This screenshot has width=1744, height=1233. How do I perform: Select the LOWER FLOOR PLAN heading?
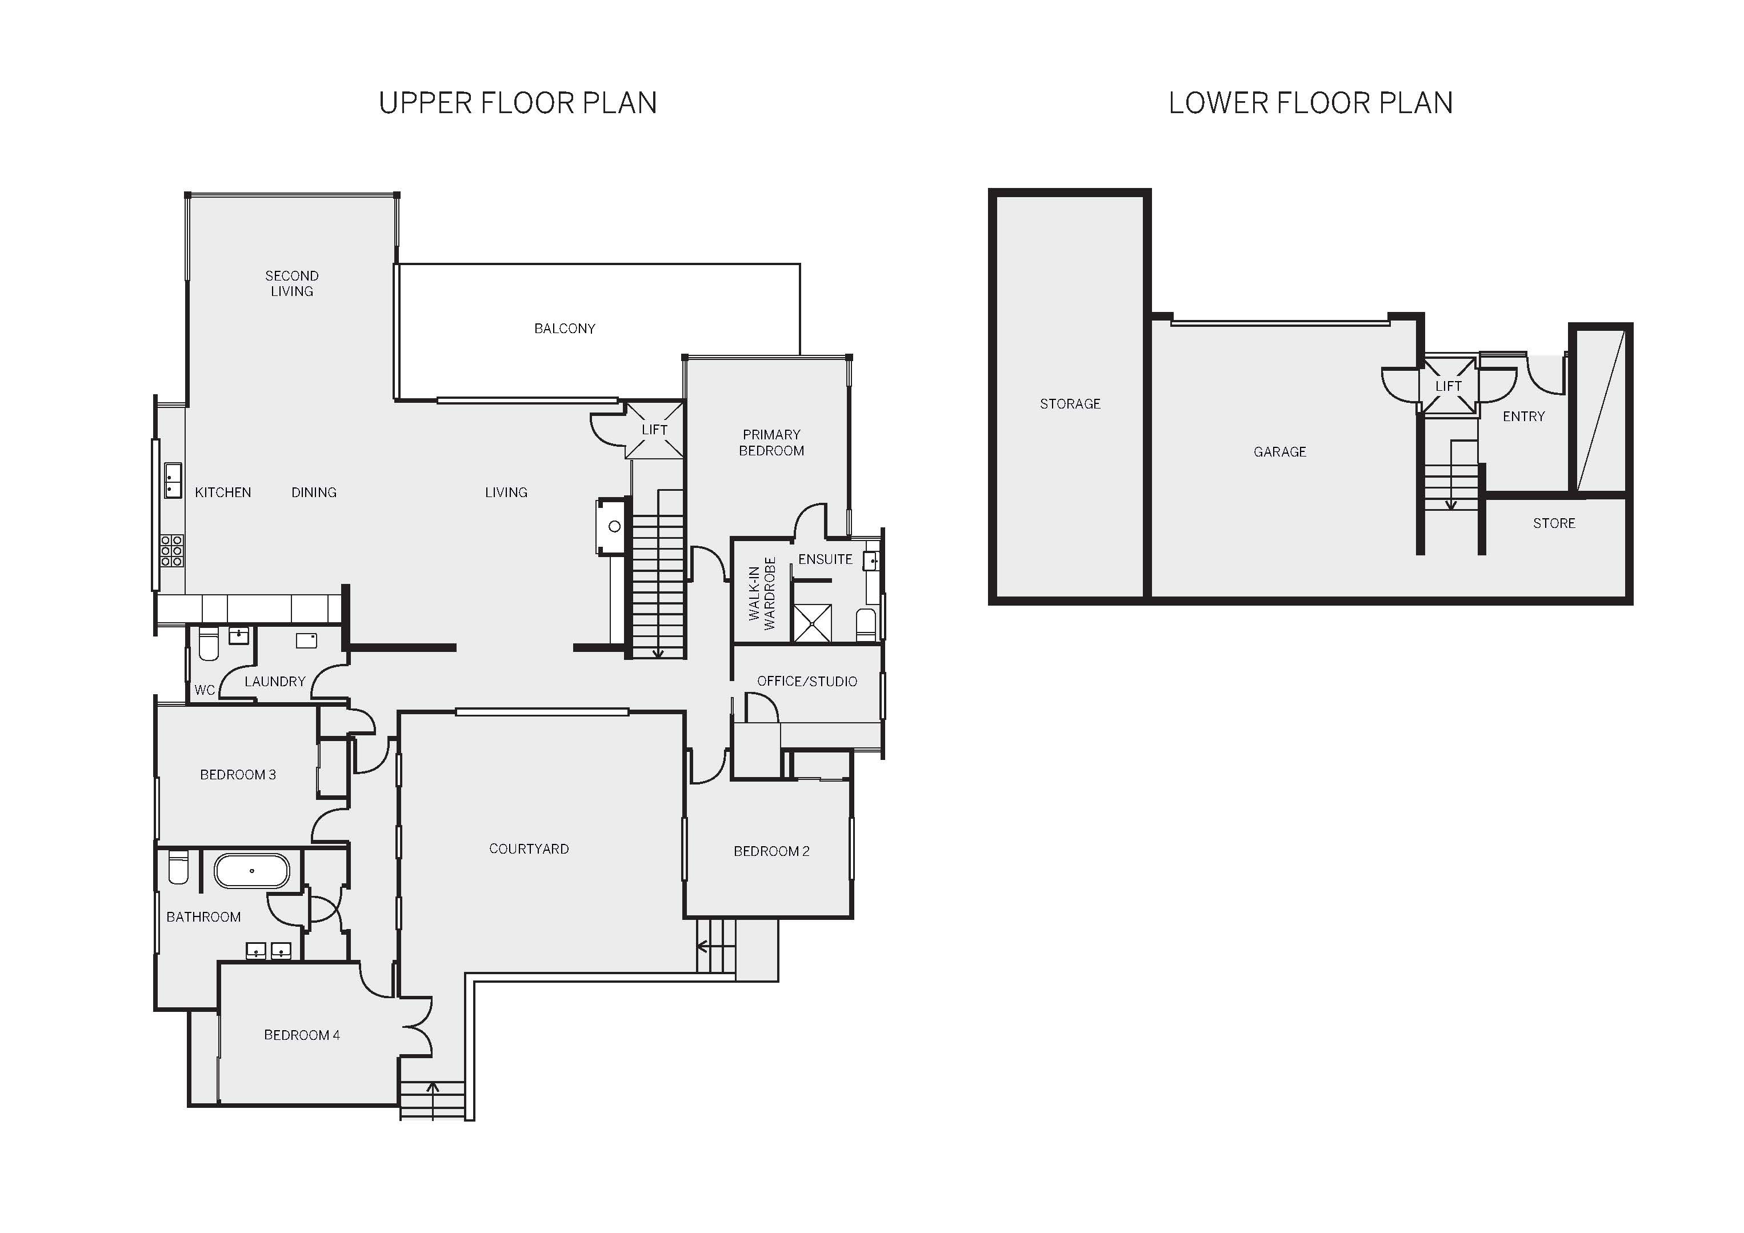coord(1310,103)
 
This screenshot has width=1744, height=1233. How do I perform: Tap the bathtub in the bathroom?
coord(251,871)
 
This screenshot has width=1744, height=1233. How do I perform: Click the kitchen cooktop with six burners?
coord(171,550)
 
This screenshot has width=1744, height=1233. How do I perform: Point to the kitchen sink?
coord(173,480)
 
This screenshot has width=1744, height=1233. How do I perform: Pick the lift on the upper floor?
coord(654,430)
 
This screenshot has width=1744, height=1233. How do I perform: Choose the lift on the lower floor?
coord(1449,386)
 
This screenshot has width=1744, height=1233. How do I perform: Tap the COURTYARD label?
coord(529,848)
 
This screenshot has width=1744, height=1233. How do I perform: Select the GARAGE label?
coord(1280,452)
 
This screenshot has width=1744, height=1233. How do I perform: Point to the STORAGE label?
coord(1070,404)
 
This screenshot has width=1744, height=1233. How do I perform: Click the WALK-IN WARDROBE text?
coord(762,593)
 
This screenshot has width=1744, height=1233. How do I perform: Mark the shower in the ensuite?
coord(812,623)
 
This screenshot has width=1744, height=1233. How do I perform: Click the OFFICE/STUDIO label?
coord(807,682)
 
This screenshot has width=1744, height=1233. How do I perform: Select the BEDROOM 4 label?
coord(302,1035)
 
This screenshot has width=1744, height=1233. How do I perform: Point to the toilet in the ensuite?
coord(866,624)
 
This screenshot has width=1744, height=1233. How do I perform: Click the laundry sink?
coord(306,640)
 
